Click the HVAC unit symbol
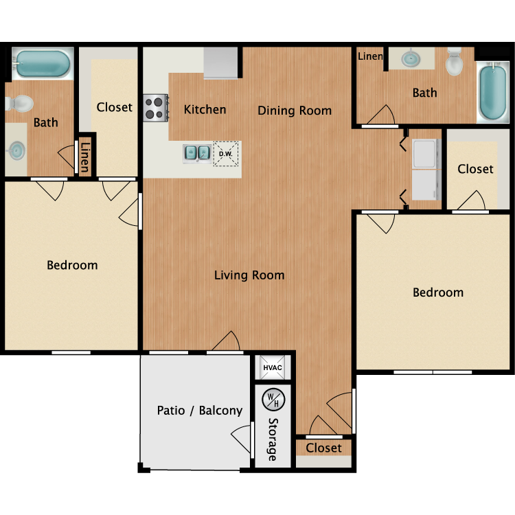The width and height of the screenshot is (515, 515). (273, 367)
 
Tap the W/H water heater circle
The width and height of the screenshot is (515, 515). (273, 400)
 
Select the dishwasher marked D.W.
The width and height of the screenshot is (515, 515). (226, 154)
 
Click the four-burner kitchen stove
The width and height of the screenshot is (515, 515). (156, 108)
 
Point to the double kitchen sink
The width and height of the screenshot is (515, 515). (197, 153)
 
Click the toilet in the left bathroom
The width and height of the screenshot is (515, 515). (19, 104)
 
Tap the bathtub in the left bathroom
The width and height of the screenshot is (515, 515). (43, 63)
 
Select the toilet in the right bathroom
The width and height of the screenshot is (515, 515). (455, 62)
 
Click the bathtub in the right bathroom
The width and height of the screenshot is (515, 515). (492, 92)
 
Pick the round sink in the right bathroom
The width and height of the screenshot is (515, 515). (411, 59)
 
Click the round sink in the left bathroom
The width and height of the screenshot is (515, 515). (16, 151)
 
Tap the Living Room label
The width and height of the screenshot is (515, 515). (249, 275)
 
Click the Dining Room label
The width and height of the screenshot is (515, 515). (295, 111)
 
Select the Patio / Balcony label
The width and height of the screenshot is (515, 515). (200, 411)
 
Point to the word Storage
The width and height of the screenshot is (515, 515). (273, 439)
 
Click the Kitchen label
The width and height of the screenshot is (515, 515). (205, 109)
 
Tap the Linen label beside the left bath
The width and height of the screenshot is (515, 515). (85, 157)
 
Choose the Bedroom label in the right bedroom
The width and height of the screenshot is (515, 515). (438, 293)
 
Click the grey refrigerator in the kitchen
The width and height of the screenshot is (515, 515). (220, 63)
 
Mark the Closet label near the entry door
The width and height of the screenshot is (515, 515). (324, 448)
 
